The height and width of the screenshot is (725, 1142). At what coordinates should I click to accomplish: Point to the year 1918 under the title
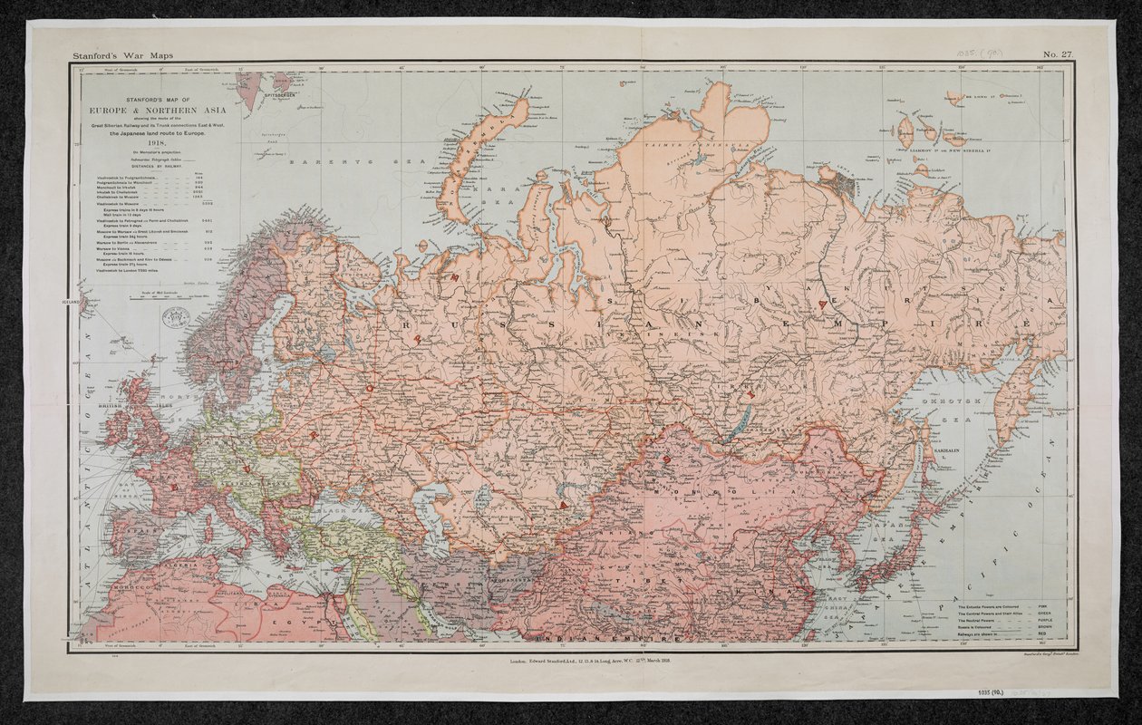[x=150, y=144]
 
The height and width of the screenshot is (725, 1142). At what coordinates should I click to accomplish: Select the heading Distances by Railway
[x=150, y=167]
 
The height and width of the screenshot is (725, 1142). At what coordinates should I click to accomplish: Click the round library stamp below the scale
[x=175, y=318]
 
